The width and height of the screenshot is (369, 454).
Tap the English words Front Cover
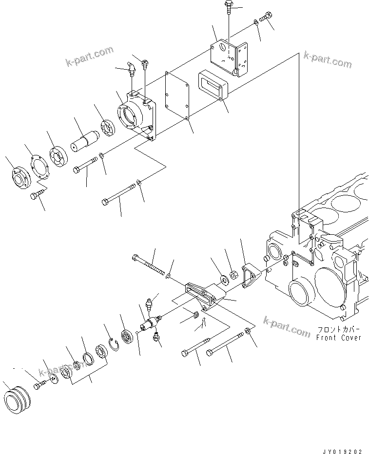338,337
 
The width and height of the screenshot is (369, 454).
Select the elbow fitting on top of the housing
131,68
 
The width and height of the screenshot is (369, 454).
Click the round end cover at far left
20,176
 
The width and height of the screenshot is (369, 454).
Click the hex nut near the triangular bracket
233,276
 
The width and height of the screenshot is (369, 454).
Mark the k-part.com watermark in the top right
327,59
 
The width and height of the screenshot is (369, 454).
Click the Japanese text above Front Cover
338,329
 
